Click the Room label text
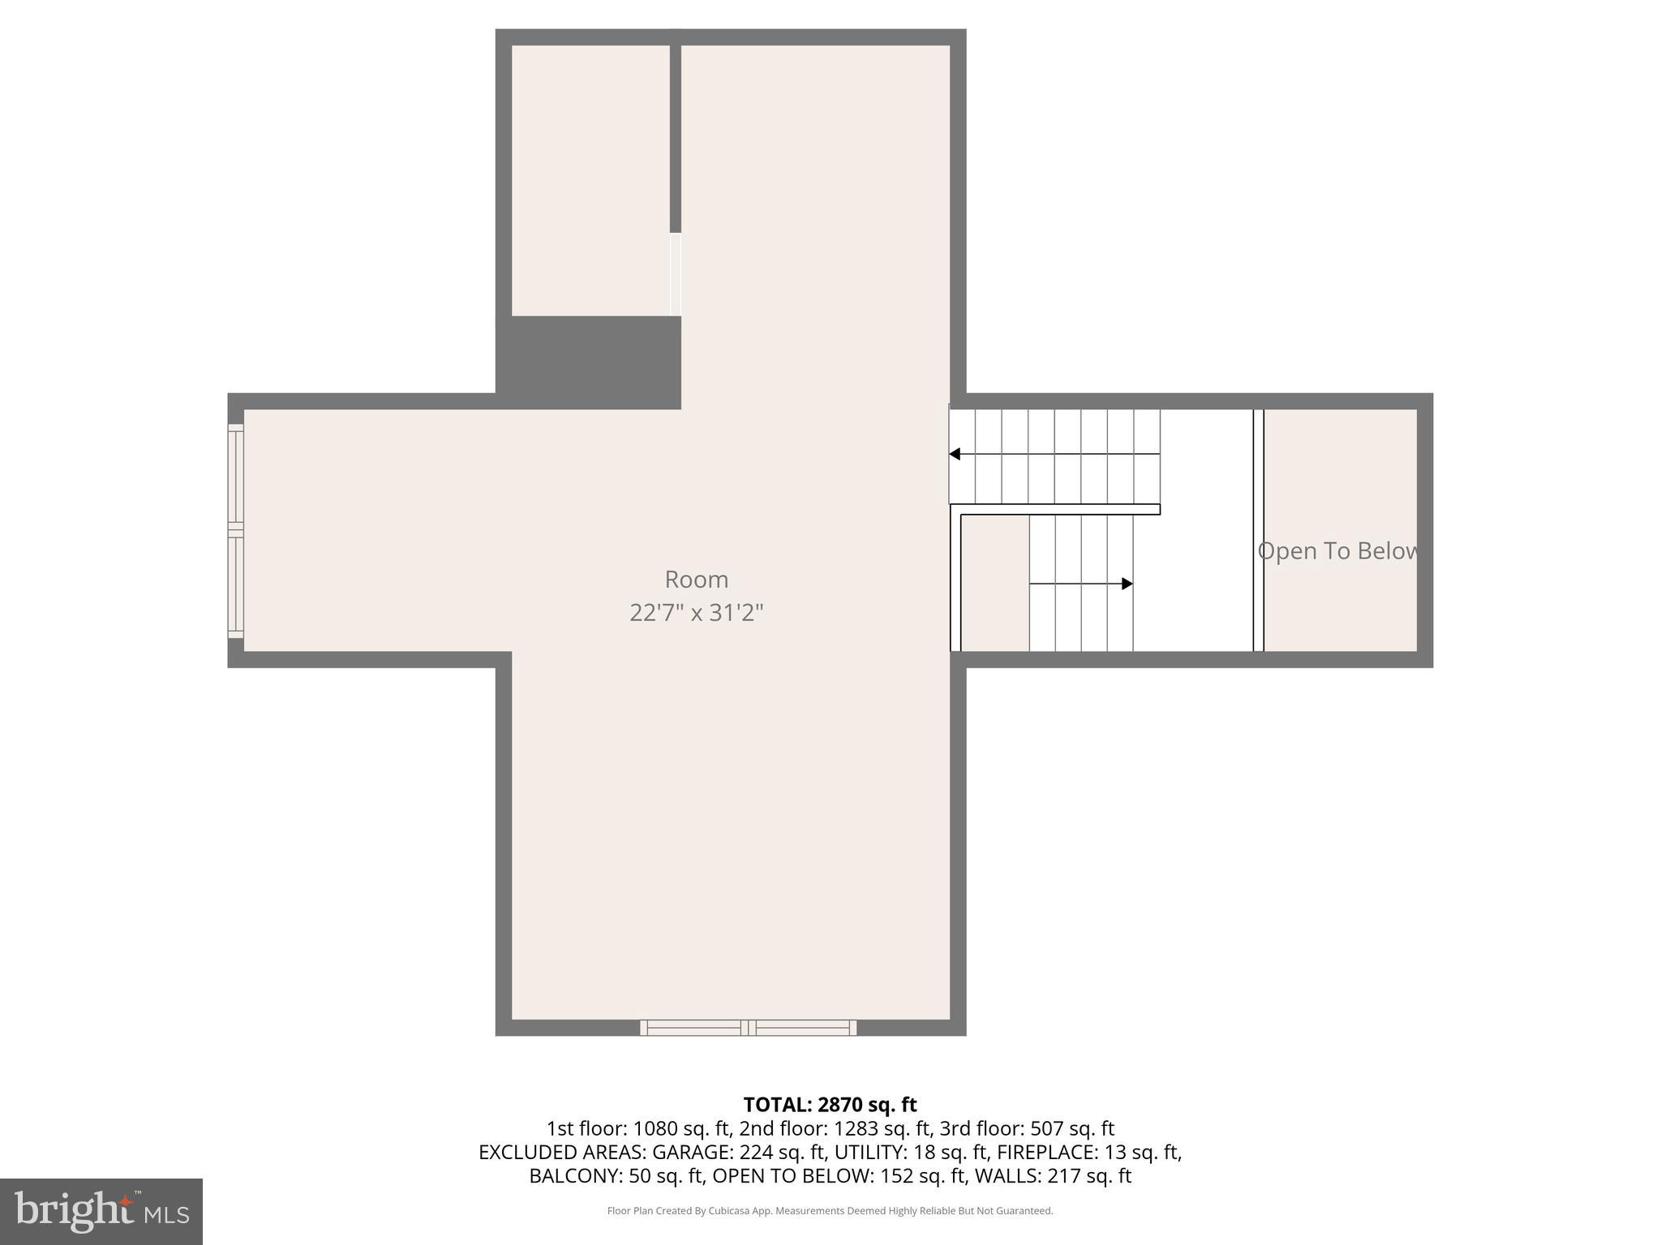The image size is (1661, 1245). [x=696, y=580]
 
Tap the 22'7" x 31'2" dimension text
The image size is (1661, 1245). [x=696, y=613]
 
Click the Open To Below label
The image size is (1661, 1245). [x=1338, y=551]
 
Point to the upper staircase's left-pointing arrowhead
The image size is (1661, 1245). [x=955, y=454]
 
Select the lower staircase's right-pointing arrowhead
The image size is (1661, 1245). [x=1127, y=584]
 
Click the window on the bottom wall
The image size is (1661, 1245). [x=748, y=1028]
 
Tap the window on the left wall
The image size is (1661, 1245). [x=236, y=530]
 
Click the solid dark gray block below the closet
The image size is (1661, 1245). [x=588, y=362]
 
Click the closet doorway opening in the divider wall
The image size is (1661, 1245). [x=676, y=275]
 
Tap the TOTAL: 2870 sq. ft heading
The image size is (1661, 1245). [x=830, y=1105]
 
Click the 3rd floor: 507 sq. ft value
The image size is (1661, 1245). [x=1027, y=1128]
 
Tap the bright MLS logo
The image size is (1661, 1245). [x=101, y=1211]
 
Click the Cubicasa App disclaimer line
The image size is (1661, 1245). [x=830, y=1211]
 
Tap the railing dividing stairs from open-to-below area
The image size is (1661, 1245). [x=1258, y=530]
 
